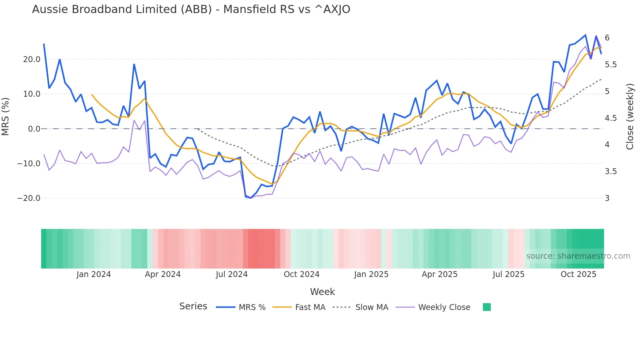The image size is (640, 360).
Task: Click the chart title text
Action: point(191,9)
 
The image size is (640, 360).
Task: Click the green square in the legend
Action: point(487,307)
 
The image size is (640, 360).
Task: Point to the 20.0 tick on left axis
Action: point(32,59)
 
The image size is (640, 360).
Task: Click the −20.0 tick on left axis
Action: point(29,198)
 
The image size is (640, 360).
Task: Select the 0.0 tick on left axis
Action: point(34,129)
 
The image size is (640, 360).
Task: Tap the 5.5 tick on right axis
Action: point(611,65)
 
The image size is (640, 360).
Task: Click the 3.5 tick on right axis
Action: point(611,172)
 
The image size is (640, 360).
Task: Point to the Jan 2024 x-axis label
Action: point(94,274)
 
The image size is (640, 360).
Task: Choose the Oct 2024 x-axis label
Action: point(301,274)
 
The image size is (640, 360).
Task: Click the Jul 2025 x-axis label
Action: point(508,274)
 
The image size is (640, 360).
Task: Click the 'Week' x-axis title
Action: point(322,292)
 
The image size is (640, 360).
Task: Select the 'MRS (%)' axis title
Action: point(6,116)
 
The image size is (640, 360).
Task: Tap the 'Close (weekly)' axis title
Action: point(630,117)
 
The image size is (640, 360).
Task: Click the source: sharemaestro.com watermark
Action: point(578,256)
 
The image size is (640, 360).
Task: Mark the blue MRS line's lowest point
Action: point(251,198)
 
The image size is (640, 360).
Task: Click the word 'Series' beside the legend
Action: point(193,306)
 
